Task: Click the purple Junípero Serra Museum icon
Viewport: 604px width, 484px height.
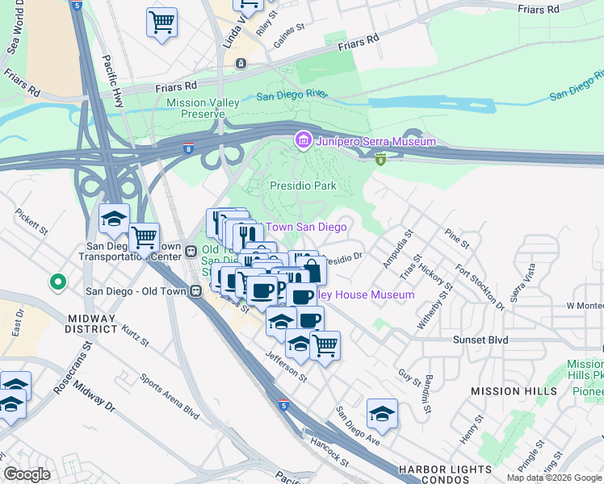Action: (304, 141)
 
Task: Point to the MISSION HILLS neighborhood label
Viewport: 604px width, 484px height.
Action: (514, 391)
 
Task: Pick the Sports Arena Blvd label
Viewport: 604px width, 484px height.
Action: (169, 394)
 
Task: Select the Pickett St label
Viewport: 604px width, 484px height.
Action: (31, 223)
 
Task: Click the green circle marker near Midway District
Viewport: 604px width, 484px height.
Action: (57, 282)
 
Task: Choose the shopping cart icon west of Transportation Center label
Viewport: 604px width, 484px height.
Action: (144, 237)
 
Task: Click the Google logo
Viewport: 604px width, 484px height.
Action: (27, 474)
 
